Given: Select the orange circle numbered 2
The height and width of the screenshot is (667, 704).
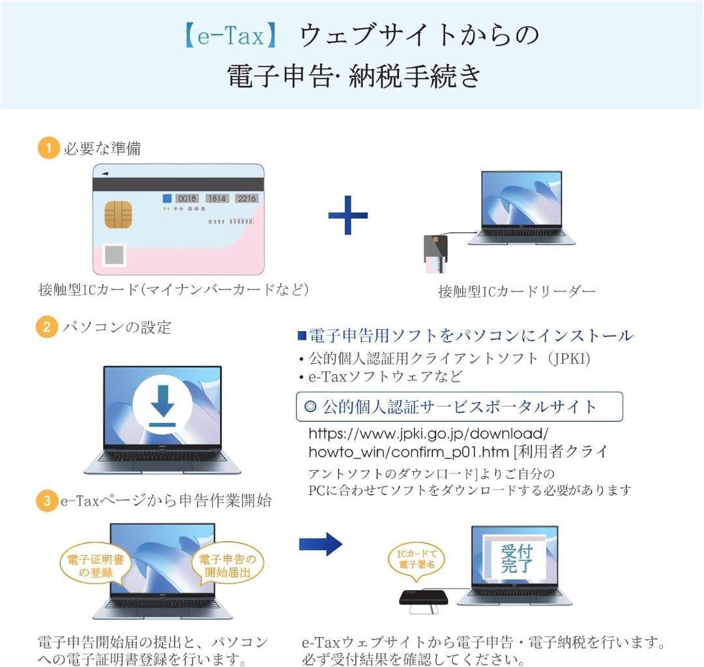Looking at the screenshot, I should pos(46,327).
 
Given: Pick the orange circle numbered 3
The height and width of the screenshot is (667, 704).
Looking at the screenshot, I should pos(46,501).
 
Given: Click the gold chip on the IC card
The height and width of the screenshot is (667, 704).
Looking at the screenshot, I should pos(118,215).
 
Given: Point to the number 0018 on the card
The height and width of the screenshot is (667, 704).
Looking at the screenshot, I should pos(187,198).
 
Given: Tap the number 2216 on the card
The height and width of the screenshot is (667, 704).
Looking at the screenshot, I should pos(246,198).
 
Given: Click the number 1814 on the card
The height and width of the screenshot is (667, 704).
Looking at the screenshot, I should pos(217,198).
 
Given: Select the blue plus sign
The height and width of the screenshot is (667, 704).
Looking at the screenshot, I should pos(347,215).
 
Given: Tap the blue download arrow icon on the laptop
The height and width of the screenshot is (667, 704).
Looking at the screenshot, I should pos(162,406).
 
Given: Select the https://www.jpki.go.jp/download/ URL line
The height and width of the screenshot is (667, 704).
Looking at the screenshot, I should pos(428,434).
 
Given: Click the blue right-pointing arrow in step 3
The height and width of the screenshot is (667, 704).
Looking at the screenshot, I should pos(320,544).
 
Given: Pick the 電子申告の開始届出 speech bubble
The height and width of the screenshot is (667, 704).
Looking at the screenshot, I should pos(227,566).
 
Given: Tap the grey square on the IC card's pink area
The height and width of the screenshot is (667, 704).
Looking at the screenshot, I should pos(115,254).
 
